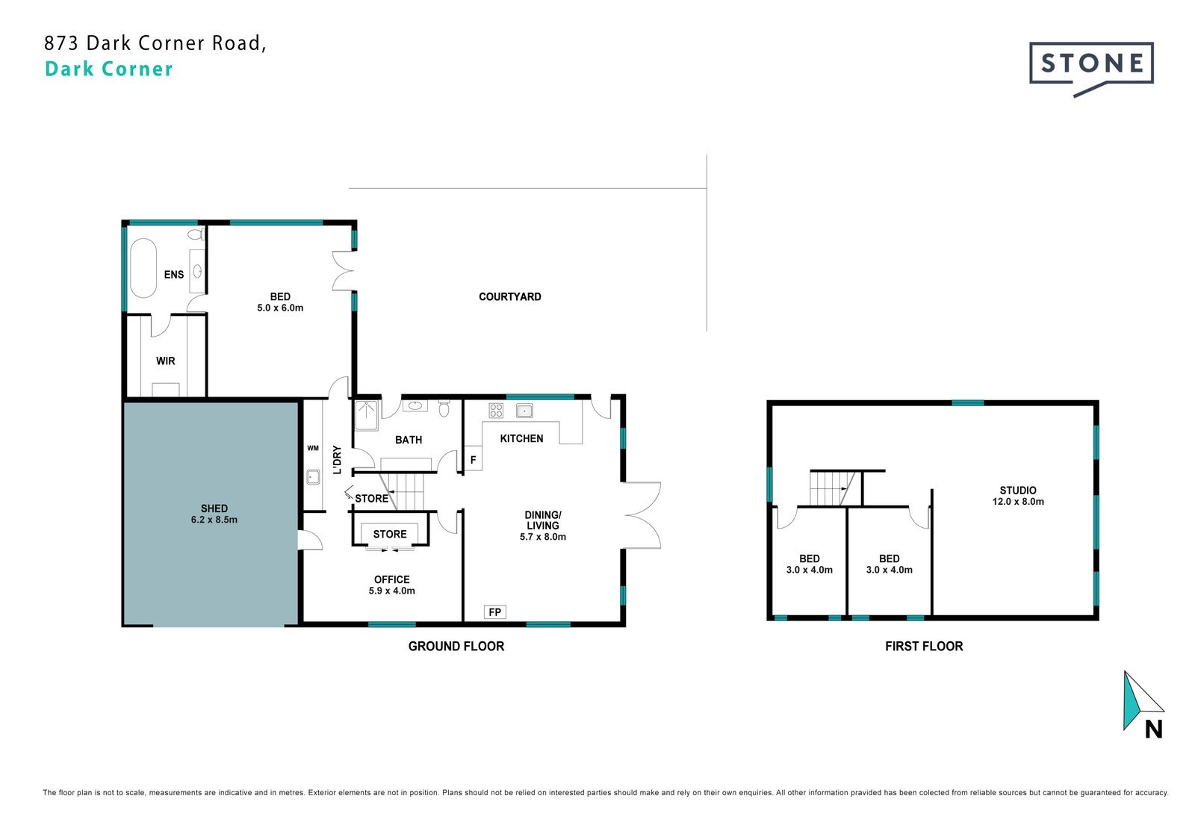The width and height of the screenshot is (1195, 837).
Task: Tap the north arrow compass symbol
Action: (1143, 704)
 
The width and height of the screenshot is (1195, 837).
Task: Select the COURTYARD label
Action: (509, 296)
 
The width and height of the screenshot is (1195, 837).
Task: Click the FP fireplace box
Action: (494, 612)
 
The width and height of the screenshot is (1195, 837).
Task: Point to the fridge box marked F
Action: (474, 459)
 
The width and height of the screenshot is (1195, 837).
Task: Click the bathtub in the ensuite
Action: (143, 267)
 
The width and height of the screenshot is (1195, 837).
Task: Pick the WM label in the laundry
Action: (313, 448)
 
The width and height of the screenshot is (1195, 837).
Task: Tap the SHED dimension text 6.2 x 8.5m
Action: (214, 520)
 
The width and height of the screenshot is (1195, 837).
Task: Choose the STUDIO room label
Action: (1018, 491)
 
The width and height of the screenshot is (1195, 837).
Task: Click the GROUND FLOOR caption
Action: (456, 646)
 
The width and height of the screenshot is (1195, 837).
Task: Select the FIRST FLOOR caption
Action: (924, 646)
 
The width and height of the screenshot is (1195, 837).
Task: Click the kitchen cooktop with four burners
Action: (496, 410)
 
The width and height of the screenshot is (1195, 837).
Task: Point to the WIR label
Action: (165, 361)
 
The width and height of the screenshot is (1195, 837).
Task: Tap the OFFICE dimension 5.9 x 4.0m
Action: (391, 591)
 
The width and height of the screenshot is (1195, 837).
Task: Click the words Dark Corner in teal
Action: (109, 69)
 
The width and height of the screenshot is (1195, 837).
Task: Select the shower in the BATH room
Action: (367, 415)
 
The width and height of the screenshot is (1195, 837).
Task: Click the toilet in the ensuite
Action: (196, 234)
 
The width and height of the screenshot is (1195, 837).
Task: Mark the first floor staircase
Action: (833, 488)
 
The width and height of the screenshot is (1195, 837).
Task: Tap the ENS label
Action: (174, 275)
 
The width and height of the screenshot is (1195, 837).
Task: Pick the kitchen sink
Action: (524, 410)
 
